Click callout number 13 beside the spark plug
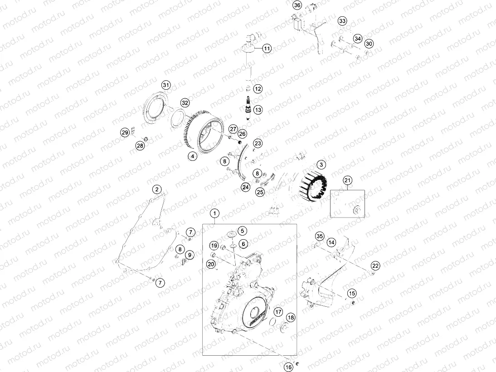tap(258, 110)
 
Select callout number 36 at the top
tap(297, 5)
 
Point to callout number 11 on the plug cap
tap(267, 48)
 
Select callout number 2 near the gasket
tap(156, 189)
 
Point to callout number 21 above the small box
tap(347, 181)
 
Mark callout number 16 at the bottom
tap(288, 367)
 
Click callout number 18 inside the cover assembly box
tap(290, 318)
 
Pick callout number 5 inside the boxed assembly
tap(242, 231)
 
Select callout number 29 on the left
tap(125, 132)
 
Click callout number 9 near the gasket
tap(190, 255)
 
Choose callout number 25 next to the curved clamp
tap(260, 192)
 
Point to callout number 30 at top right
tap(369, 43)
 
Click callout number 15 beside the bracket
tap(352, 293)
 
